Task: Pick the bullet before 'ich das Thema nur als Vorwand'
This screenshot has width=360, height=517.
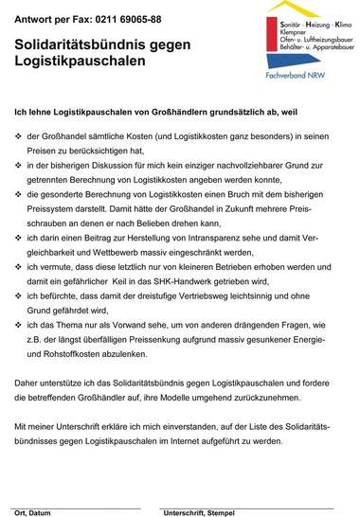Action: pos(19,324)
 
